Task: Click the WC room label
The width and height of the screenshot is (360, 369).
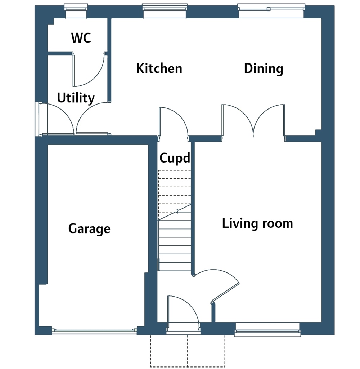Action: coord(81,37)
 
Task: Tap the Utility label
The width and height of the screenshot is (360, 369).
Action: coord(76,98)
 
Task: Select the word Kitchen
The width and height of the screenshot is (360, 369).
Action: coord(159,68)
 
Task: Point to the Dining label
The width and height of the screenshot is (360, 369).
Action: coord(264,69)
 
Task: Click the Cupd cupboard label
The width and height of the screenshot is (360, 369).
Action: coord(175,158)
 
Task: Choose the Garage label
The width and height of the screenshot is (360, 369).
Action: coord(89,229)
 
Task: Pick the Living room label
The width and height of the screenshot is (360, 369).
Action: coord(257,223)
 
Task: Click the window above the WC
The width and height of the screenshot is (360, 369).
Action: coord(76,11)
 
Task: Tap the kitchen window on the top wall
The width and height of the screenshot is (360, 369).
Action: coord(165,11)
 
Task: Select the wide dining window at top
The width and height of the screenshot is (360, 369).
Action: coord(271,11)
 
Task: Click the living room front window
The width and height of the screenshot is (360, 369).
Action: coord(267,330)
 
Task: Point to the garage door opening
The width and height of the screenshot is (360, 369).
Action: coord(94,331)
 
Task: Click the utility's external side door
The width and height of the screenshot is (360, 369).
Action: coord(57,119)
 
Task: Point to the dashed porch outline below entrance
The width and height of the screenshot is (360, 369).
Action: coord(188,351)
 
